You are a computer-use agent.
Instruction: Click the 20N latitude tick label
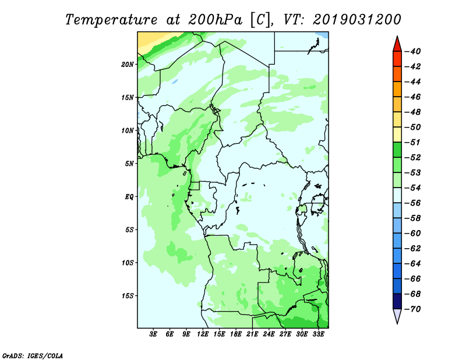(x=128, y=65)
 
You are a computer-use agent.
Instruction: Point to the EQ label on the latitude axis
(x=129, y=197)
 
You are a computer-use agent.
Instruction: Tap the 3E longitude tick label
(x=153, y=334)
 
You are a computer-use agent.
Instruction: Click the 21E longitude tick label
(x=252, y=334)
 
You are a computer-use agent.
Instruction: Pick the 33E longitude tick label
(x=318, y=334)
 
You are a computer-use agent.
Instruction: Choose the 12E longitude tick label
(x=203, y=334)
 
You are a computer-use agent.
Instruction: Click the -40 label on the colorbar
(x=412, y=51)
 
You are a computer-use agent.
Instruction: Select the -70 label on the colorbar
(x=412, y=309)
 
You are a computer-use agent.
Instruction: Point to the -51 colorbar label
(x=412, y=142)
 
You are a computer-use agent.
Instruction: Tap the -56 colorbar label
(x=412, y=203)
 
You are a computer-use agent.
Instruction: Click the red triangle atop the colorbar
(x=397, y=45)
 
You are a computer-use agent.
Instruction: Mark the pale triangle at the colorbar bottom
(x=397, y=315)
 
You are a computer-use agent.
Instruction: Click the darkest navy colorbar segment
(x=397, y=301)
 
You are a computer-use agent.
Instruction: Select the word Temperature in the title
(x=111, y=20)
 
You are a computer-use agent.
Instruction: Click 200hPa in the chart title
(x=215, y=20)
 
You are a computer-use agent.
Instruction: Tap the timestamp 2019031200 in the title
(x=357, y=20)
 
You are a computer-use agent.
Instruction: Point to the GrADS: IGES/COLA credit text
(x=33, y=356)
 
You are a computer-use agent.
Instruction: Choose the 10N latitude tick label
(x=128, y=131)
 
